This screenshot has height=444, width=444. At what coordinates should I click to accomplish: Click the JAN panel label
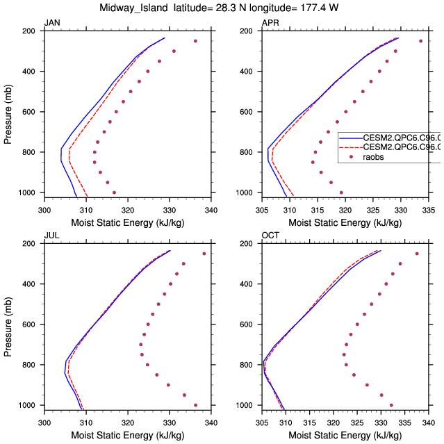click(51, 23)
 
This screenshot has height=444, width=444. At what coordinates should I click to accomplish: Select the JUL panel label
click(51, 236)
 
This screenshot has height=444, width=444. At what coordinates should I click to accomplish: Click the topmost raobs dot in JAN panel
click(195, 41)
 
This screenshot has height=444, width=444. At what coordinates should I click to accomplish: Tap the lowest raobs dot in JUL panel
click(195, 405)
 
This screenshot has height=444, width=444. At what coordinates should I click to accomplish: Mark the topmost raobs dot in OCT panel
click(417, 254)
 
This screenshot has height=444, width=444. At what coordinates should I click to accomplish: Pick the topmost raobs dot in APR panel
click(420, 41)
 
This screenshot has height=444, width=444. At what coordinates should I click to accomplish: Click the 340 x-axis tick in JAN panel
click(211, 208)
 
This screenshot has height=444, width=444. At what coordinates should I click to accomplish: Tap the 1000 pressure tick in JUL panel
click(30, 405)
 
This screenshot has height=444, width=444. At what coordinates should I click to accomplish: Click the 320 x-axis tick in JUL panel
click(128, 420)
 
